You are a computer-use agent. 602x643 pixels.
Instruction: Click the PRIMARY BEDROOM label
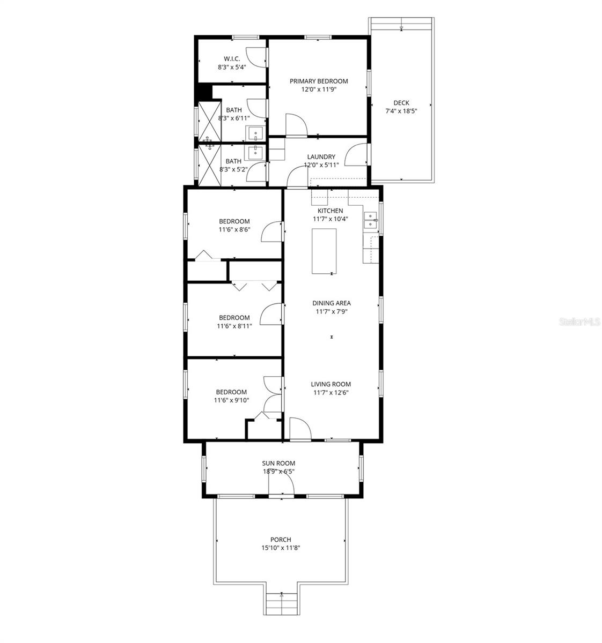(x=319, y=81)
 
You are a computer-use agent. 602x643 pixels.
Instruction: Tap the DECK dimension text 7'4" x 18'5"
(x=401, y=111)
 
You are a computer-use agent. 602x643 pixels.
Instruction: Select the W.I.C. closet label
(x=231, y=59)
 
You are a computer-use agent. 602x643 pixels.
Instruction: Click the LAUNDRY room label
(x=321, y=157)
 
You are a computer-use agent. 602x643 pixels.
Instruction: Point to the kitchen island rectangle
(x=325, y=251)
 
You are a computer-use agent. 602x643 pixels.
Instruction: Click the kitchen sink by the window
(x=371, y=220)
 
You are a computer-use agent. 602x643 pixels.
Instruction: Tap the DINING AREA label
(x=332, y=303)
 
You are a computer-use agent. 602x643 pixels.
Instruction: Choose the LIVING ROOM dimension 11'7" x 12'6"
(x=331, y=393)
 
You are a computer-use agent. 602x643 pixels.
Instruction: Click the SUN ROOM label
(x=278, y=463)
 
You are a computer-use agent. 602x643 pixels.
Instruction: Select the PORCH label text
(x=281, y=540)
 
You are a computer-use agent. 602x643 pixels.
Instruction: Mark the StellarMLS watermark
(x=579, y=322)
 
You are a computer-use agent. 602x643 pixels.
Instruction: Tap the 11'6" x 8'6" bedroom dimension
(x=234, y=230)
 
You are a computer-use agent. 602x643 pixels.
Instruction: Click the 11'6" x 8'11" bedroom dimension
(x=234, y=326)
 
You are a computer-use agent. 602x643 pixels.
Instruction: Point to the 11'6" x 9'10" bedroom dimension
(x=231, y=400)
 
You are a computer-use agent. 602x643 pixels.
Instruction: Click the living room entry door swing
(x=299, y=429)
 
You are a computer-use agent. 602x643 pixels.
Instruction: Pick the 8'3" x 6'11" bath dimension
(x=234, y=118)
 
